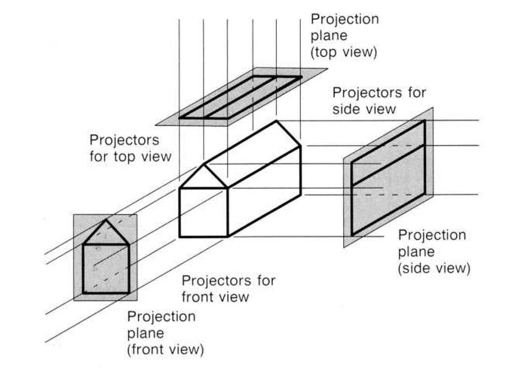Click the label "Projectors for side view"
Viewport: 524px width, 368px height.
pyautogui.click(x=379, y=101)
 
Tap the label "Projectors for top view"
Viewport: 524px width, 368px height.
pyautogui.click(x=131, y=148)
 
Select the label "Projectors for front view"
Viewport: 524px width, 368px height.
pyautogui.click(x=228, y=288)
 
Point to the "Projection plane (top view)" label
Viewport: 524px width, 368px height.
pyautogui.click(x=344, y=36)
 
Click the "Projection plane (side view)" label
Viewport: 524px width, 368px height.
pyautogui.click(x=432, y=251)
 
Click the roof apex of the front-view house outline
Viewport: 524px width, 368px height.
pyautogui.click(x=106, y=220)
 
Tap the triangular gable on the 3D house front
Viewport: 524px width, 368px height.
pyautogui.click(x=204, y=178)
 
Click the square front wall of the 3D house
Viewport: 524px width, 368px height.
pyautogui.click(x=204, y=212)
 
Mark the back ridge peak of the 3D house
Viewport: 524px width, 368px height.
pyautogui.click(x=276, y=121)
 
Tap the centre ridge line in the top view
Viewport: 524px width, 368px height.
pyautogui.click(x=240, y=97)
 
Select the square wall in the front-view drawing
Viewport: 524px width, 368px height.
pyautogui.click(x=106, y=268)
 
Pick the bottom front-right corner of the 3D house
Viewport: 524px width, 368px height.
pyautogui.click(x=227, y=237)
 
